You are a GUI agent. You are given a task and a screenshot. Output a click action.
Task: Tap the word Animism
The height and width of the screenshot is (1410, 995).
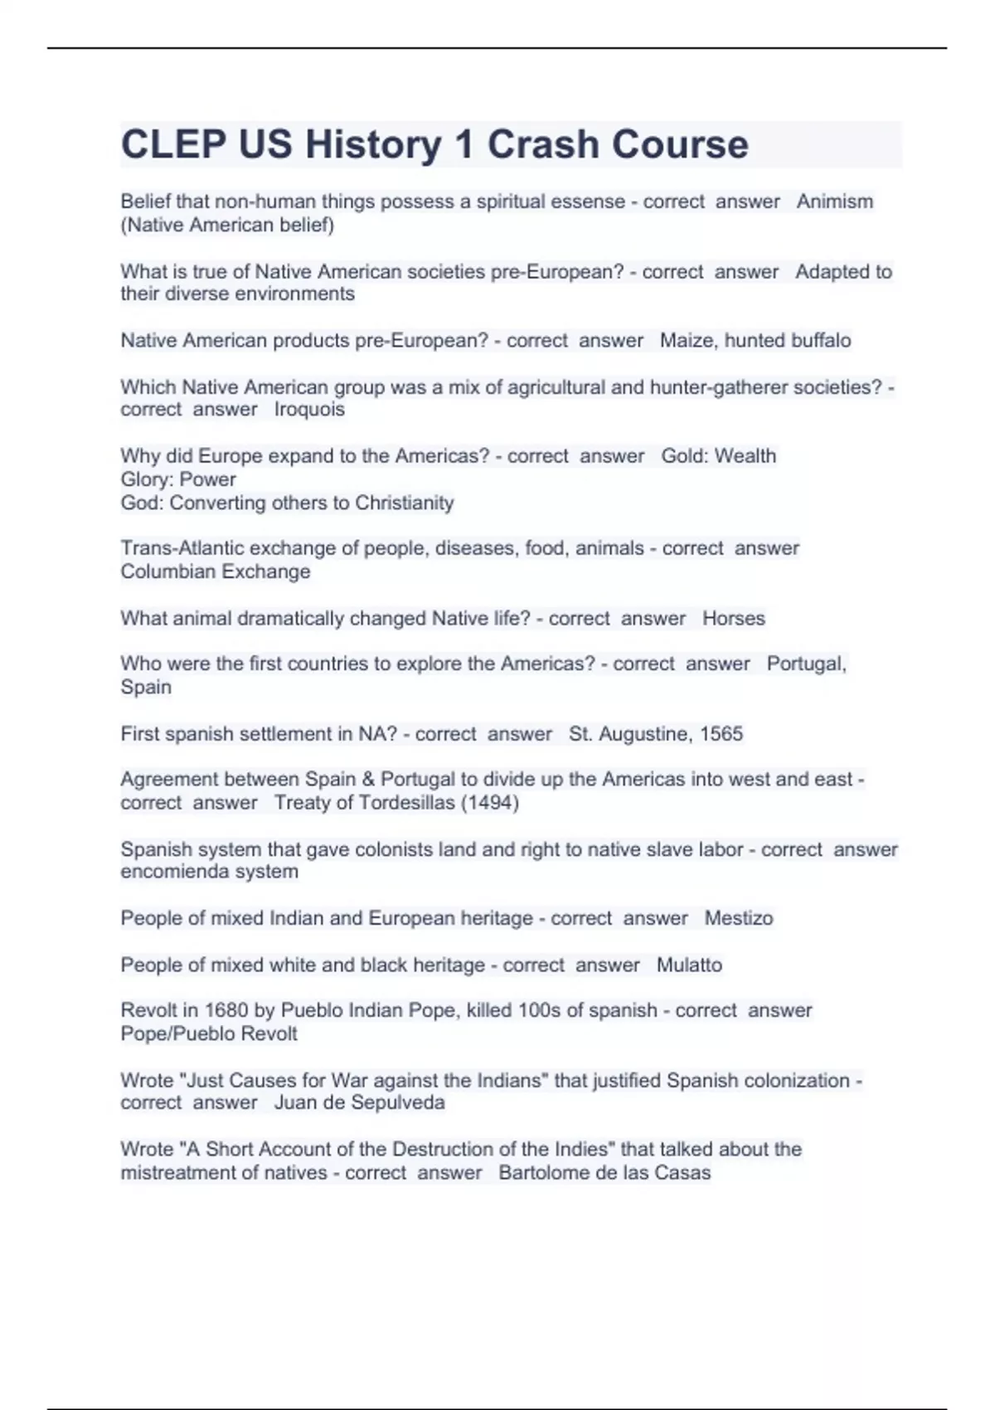point(834,202)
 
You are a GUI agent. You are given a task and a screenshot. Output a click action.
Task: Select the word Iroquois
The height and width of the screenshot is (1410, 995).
point(309,410)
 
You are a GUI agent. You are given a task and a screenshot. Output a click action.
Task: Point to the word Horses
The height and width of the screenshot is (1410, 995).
point(733,619)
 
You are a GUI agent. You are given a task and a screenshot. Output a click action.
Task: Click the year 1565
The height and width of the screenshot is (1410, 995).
point(721,734)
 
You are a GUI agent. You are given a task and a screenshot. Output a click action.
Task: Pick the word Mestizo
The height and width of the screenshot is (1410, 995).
point(738,918)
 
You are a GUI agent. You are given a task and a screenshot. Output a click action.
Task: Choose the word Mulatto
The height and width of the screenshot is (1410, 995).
point(689,965)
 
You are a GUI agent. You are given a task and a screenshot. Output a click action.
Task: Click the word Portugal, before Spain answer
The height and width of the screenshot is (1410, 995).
point(806,664)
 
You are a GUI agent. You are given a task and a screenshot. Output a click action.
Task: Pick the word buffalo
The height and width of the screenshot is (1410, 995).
point(820,341)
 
